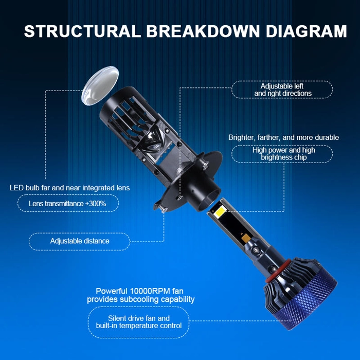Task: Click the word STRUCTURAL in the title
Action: click(x=82, y=31)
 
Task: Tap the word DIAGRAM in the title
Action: click(x=307, y=31)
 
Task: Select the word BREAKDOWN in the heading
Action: click(x=203, y=31)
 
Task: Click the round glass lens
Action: click(x=100, y=86)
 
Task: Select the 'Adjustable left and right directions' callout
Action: click(x=282, y=90)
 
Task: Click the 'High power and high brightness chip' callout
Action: click(x=282, y=154)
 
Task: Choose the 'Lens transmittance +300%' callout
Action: click(x=68, y=204)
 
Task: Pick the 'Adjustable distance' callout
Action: click(x=79, y=241)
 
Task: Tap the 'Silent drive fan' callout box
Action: click(x=139, y=322)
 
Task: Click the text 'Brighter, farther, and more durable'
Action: click(x=283, y=137)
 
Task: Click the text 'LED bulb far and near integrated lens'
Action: click(x=69, y=188)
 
